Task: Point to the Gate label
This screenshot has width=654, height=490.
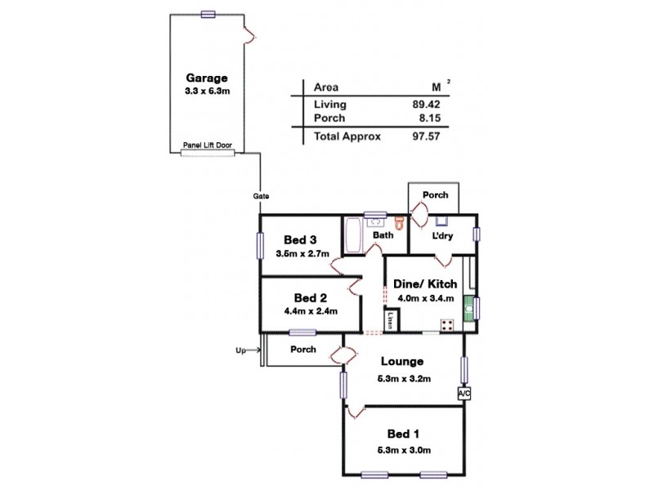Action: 262,196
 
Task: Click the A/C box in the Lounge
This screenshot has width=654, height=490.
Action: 464,394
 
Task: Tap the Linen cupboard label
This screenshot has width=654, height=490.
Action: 392,320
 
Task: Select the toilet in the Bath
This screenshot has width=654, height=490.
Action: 400,223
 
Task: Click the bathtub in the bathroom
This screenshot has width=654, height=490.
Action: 352,235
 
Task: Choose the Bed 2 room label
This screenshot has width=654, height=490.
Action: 300,296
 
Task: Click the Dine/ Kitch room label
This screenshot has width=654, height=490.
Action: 424,283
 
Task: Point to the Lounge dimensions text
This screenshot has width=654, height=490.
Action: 403,377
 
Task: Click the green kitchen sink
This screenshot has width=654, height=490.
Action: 469,309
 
